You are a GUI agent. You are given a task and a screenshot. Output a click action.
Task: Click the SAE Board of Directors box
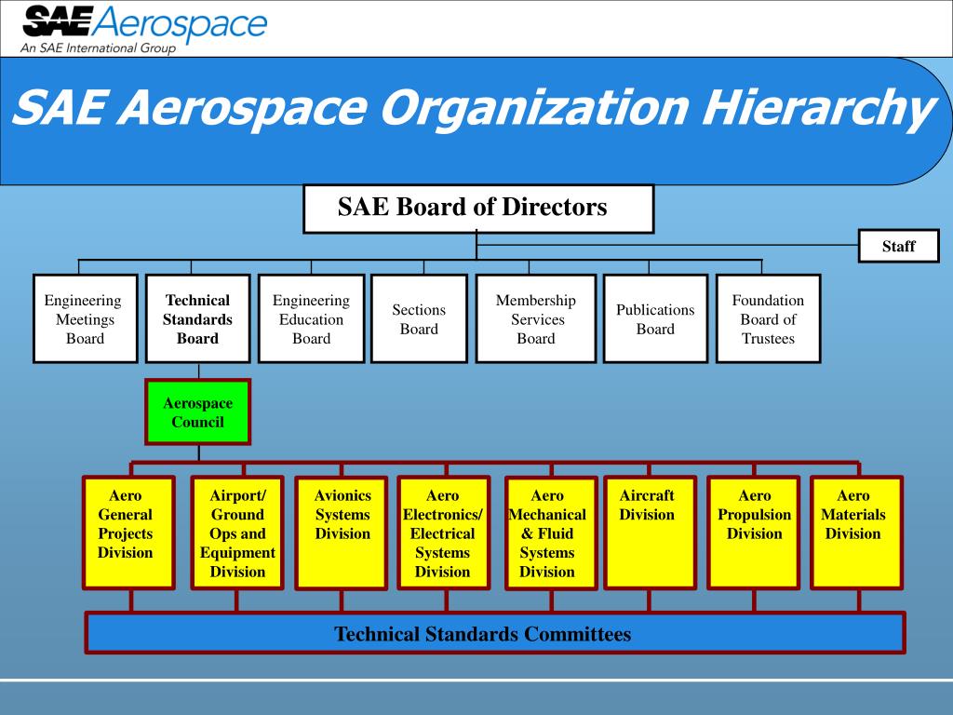(478, 209)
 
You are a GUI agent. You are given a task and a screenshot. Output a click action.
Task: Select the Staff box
(898, 246)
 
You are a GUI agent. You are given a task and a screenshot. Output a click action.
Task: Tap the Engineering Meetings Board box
(85, 318)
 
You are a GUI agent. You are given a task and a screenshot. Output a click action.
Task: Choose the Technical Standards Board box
(197, 318)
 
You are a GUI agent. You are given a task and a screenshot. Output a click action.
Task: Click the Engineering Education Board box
(311, 318)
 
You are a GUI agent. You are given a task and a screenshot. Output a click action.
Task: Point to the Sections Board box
(419, 318)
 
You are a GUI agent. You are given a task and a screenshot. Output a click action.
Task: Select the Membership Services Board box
(536, 318)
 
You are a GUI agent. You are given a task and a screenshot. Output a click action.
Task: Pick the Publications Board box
(655, 318)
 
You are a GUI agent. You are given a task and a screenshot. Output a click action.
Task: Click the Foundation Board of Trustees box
(768, 318)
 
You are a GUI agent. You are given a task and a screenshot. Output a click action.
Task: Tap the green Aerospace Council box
(197, 411)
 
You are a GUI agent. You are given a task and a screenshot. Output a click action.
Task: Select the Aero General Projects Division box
(128, 533)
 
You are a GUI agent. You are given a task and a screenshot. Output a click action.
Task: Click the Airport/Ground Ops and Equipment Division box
(237, 533)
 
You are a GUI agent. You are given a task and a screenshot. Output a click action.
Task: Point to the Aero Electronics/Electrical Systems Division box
(443, 533)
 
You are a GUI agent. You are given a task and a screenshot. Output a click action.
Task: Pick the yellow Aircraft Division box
(650, 533)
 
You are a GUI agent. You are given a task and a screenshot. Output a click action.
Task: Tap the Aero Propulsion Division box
(754, 533)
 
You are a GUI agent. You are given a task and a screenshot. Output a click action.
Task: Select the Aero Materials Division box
(856, 533)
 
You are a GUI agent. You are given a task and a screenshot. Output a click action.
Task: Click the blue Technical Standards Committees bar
(494, 633)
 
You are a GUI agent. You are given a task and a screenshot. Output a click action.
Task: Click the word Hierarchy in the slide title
(815, 110)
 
